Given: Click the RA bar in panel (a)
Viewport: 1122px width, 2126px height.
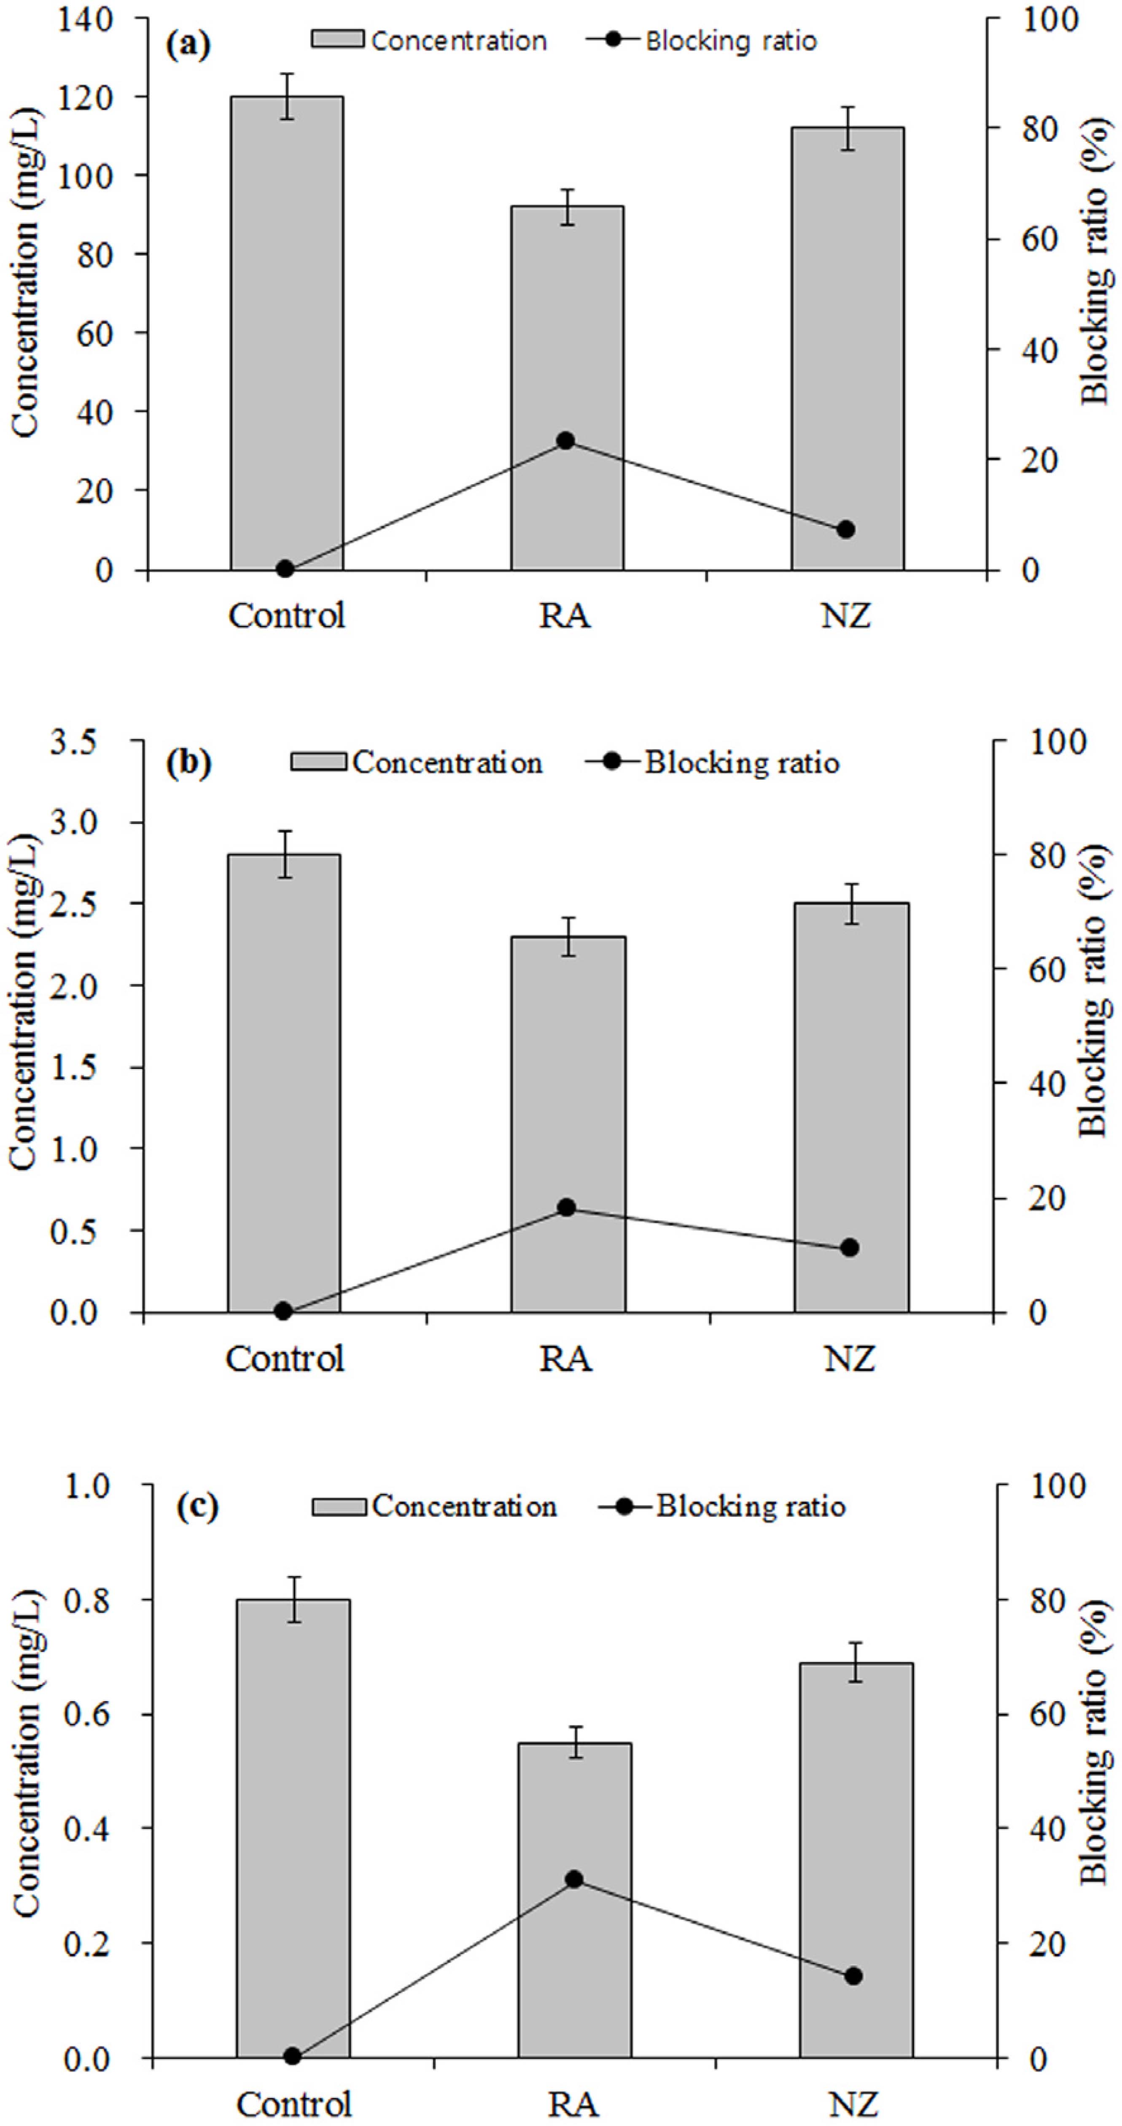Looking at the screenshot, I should [567, 388].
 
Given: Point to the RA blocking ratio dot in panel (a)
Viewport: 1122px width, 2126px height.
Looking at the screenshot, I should [565, 441].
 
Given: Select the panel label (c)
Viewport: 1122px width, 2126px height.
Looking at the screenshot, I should [198, 1507].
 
